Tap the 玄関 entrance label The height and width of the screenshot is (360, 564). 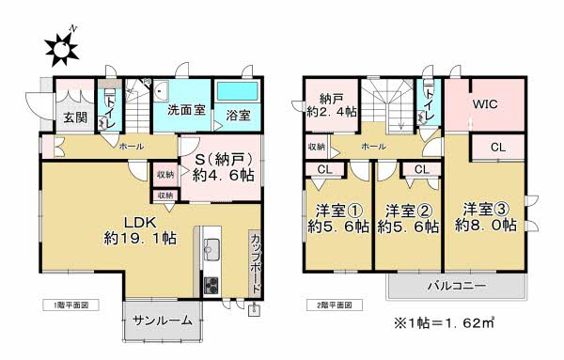(x=75, y=117)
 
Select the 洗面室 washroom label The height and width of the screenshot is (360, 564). (x=186, y=110)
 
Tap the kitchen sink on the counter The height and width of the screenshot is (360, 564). (x=211, y=250)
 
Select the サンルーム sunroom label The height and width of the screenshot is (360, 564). (x=161, y=321)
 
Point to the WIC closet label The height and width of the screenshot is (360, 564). (x=486, y=104)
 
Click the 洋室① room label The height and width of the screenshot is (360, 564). (x=334, y=218)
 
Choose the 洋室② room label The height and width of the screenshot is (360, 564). (x=408, y=218)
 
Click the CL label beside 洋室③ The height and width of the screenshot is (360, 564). (x=498, y=147)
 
